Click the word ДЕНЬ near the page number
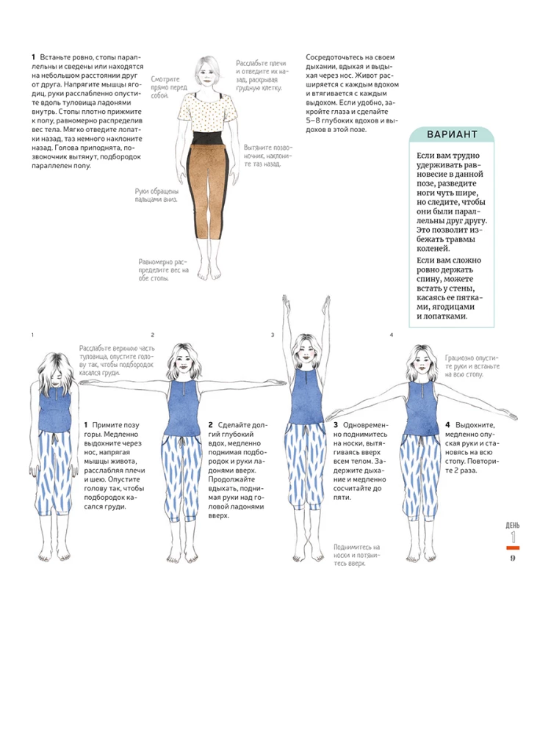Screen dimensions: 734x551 click(512, 526)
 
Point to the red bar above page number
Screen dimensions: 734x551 click(512, 548)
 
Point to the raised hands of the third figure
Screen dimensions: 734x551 click(301, 302)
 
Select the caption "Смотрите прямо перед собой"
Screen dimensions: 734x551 click(166, 87)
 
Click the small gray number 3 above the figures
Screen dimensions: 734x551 click(273, 335)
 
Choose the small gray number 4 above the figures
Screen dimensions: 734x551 click(392, 335)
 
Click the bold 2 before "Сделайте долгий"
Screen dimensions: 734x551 click(211, 425)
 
